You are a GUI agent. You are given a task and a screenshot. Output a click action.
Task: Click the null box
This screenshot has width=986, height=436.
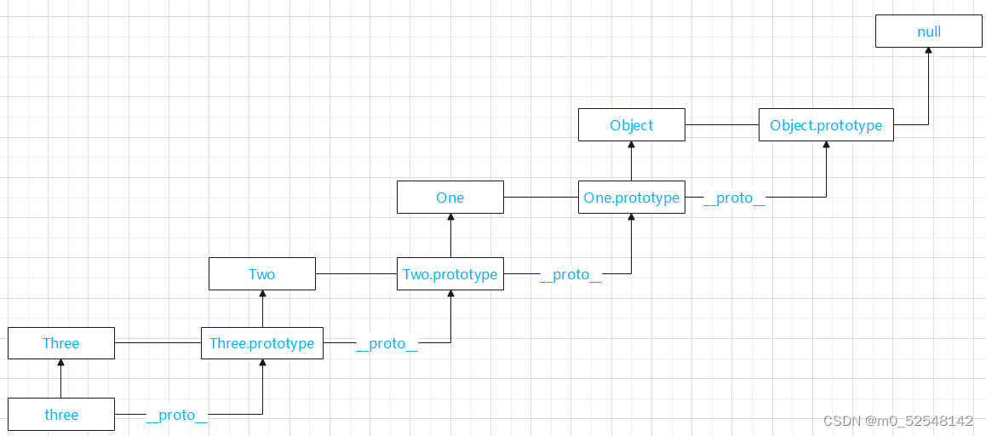click(x=929, y=32)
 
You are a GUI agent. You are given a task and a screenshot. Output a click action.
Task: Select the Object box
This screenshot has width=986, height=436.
click(x=631, y=124)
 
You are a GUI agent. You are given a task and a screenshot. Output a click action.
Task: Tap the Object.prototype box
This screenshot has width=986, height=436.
click(x=826, y=124)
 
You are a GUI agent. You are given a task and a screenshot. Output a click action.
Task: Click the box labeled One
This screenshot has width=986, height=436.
click(x=450, y=197)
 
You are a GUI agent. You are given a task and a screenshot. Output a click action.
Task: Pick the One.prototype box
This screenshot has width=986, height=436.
click(x=631, y=197)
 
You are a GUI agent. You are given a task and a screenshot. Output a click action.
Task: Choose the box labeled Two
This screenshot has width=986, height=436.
click(x=262, y=273)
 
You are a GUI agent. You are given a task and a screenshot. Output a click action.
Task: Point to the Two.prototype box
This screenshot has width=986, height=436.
click(x=450, y=273)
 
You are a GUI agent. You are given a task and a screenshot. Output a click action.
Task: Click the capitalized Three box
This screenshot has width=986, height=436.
click(x=61, y=343)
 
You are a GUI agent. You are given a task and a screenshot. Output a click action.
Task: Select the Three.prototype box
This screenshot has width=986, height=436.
click(x=262, y=343)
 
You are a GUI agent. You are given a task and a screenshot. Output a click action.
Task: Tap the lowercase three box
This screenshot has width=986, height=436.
click(x=61, y=414)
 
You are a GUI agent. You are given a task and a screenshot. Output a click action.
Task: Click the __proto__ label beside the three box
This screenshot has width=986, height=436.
click(x=176, y=416)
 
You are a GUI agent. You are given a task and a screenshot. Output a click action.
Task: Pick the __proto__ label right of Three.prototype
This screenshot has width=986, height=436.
click(x=387, y=343)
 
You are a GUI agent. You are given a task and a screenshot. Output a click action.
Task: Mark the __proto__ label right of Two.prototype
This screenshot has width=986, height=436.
click(x=570, y=275)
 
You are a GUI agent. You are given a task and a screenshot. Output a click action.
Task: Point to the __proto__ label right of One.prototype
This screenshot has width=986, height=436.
click(x=734, y=198)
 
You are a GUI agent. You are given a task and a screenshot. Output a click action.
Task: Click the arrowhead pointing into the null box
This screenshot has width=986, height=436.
click(x=928, y=51)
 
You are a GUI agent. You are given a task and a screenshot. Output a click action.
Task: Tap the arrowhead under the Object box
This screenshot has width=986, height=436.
click(x=631, y=145)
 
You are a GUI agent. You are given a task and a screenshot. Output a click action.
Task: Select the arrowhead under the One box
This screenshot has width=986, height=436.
click(x=450, y=217)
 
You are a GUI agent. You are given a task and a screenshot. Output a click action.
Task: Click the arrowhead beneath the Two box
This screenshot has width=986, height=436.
click(x=262, y=294)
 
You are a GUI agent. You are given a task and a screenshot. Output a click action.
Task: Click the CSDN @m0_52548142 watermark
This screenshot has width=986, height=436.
click(x=898, y=421)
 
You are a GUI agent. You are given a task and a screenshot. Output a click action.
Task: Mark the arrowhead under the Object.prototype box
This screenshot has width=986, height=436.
click(x=826, y=145)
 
